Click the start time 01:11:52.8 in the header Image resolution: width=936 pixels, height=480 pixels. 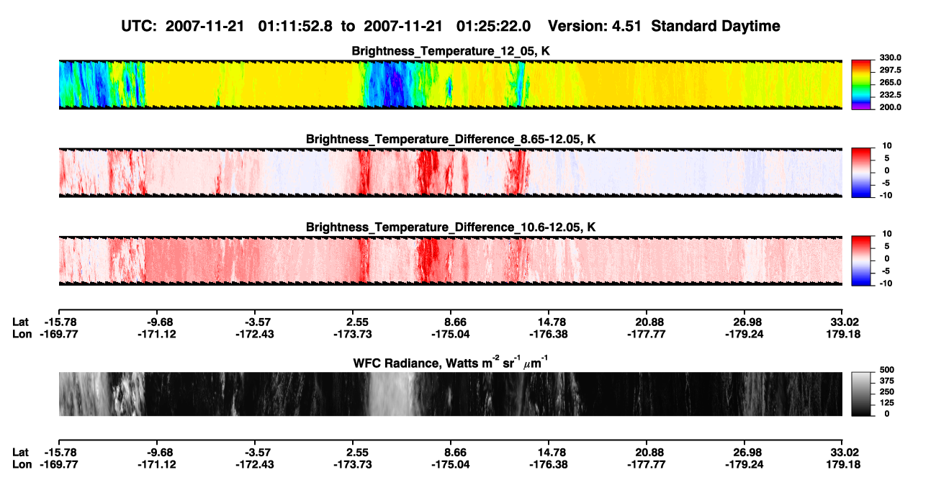click(295, 27)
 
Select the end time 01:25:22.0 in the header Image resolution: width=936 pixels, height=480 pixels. click(493, 27)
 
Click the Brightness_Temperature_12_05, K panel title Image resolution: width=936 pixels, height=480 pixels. click(451, 51)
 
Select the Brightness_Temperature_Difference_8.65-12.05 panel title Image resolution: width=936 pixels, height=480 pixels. click(451, 139)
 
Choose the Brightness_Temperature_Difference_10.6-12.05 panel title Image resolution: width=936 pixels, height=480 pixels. click(451, 227)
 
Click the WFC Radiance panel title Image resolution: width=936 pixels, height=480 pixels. click(451, 363)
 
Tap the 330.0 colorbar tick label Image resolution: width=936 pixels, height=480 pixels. click(890, 58)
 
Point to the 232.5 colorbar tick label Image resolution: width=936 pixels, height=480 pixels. click(890, 95)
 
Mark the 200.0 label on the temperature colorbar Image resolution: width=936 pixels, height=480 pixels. click(890, 107)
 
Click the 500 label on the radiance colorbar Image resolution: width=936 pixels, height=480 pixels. click(887, 370)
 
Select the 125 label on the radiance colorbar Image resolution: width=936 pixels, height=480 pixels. click(887, 403)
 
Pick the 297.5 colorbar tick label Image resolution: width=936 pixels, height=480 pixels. click(890, 71)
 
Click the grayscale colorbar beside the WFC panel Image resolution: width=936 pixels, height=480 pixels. click(861, 394)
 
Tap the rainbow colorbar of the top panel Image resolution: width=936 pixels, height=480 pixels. click(861, 85)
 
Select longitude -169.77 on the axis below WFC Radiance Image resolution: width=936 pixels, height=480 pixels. click(59, 465)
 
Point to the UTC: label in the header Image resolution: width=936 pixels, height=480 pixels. click(139, 27)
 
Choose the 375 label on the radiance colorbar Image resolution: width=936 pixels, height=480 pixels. click(887, 381)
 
